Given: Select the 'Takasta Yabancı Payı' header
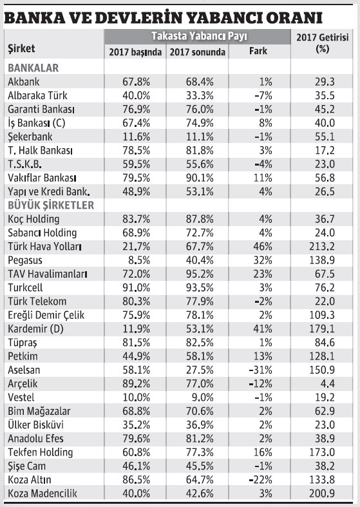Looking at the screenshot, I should (199, 36).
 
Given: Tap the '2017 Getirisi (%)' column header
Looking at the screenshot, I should (323, 44).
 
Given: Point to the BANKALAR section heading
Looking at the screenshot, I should (33, 67).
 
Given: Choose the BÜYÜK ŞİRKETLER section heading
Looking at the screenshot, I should (51, 206).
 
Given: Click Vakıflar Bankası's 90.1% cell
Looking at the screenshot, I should (196, 178).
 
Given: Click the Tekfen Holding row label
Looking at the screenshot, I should (40, 453).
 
